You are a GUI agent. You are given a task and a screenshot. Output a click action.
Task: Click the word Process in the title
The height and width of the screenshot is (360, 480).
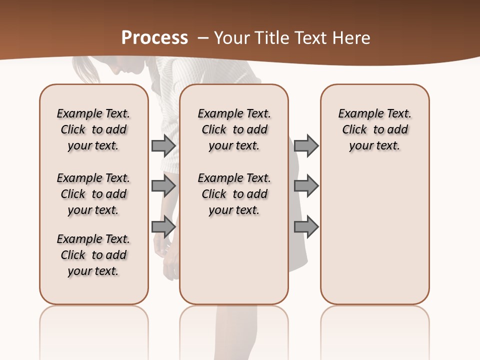click(x=154, y=38)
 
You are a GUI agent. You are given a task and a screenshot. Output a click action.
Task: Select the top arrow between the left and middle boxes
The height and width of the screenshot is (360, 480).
click(x=163, y=145)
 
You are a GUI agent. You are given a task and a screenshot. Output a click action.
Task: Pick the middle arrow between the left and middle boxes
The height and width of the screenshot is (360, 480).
click(x=163, y=186)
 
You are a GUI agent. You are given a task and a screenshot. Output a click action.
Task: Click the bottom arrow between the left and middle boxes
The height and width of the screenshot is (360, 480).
click(x=163, y=226)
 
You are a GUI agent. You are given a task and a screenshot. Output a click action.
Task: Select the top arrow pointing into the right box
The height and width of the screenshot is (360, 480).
click(x=306, y=145)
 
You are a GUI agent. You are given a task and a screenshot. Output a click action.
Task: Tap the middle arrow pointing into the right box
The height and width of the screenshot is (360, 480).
click(x=306, y=186)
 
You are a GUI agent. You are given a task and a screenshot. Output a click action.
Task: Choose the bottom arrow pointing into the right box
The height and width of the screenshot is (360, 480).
click(x=306, y=226)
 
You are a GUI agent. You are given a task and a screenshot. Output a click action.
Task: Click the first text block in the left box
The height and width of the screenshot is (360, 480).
click(x=93, y=129)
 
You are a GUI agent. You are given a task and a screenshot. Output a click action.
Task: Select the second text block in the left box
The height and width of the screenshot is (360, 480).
click(x=93, y=194)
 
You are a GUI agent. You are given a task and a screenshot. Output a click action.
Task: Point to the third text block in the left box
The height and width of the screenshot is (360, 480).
click(x=93, y=255)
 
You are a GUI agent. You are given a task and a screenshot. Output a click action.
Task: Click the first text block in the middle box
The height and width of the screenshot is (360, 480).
click(x=234, y=129)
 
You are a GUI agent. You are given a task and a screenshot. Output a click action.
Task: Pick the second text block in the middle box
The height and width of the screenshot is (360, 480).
click(x=234, y=194)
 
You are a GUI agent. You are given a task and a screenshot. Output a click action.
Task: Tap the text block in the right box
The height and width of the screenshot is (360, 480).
click(x=374, y=129)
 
